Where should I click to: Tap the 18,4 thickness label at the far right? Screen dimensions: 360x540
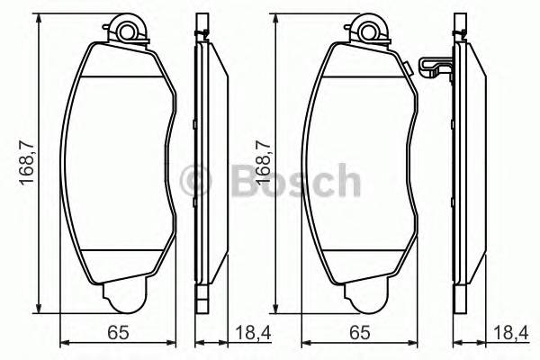[510, 334]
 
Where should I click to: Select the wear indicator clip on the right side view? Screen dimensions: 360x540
[434, 67]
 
